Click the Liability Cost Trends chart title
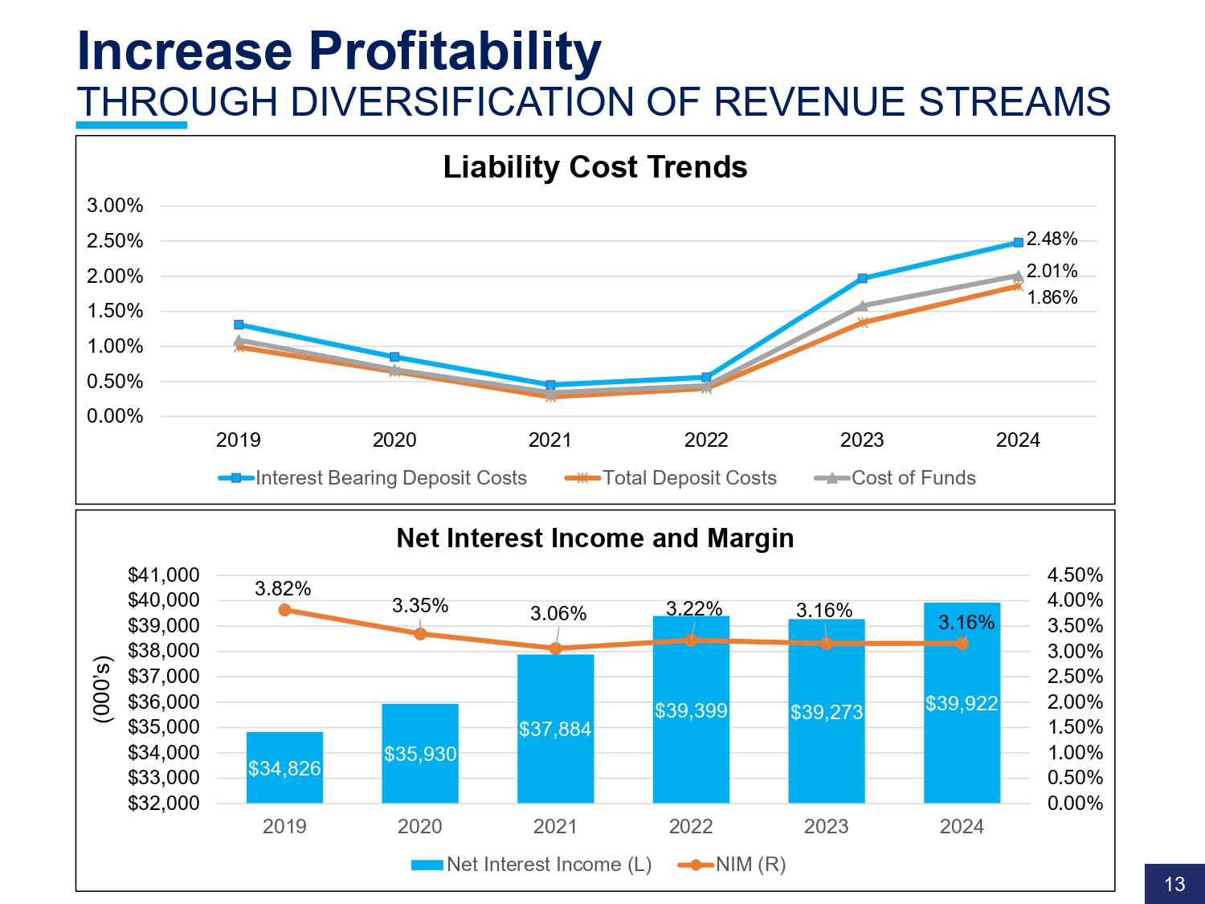(x=595, y=167)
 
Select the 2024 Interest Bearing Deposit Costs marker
(x=1018, y=242)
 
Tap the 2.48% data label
(x=1052, y=239)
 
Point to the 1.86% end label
(x=1052, y=297)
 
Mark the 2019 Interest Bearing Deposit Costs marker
(x=239, y=325)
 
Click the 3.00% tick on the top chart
(x=115, y=206)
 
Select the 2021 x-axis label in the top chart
(x=549, y=440)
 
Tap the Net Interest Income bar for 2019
(x=284, y=767)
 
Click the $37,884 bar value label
(x=554, y=729)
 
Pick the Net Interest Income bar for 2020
(x=420, y=753)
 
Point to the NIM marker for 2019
(x=284, y=610)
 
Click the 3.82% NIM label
(x=283, y=589)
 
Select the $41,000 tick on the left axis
(x=164, y=575)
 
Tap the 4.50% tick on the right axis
(x=1075, y=575)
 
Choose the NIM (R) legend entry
(x=750, y=865)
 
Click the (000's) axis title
(x=102, y=689)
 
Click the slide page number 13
(x=1174, y=884)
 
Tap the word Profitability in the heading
(x=455, y=51)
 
